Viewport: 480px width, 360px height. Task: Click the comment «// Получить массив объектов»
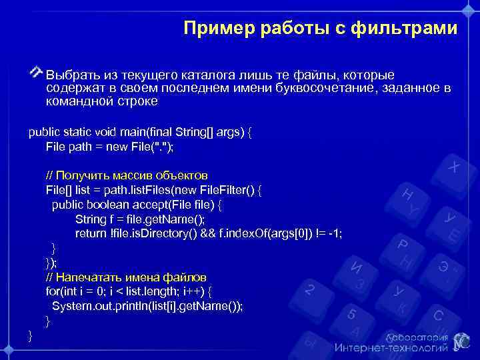click(x=127, y=175)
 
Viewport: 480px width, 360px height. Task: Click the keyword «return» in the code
click(x=90, y=233)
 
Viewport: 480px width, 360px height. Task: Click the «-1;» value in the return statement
click(x=331, y=233)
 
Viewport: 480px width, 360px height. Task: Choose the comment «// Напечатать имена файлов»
click(x=126, y=277)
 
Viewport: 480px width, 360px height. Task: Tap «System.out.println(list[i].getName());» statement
click(x=147, y=306)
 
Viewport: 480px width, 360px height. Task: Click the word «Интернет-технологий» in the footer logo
click(x=391, y=348)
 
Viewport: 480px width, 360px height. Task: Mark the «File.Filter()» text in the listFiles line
click(x=223, y=190)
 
